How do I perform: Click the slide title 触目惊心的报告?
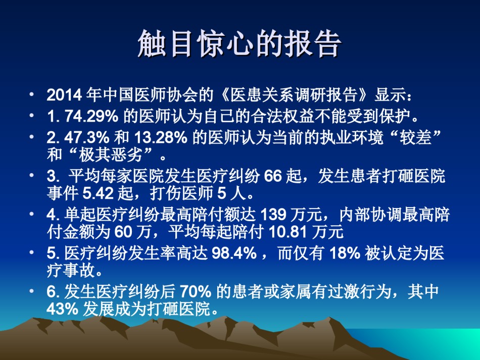239,43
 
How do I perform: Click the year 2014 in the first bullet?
64,95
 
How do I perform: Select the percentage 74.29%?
91,116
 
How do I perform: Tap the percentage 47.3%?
86,138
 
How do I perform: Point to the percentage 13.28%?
161,138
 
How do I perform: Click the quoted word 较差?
415,137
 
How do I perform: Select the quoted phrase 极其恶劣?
111,155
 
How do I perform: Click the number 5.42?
98,193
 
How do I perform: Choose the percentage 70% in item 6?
196,291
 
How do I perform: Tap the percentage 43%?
63,308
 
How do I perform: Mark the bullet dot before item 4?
31,214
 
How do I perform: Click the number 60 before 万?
123,232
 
